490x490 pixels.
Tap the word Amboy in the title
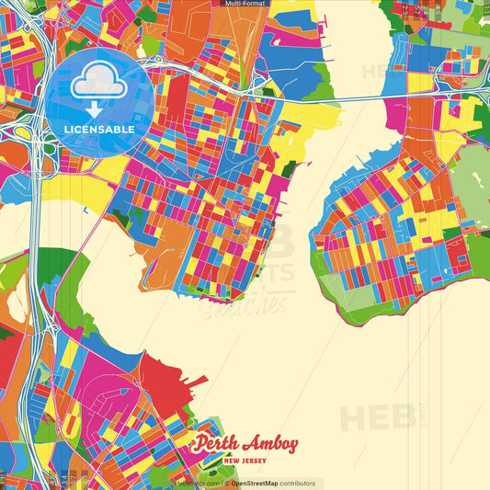272,445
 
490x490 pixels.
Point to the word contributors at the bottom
298,484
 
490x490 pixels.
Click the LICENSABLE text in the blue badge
99,130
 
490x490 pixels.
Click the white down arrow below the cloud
94,108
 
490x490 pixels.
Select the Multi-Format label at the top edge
245,4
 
